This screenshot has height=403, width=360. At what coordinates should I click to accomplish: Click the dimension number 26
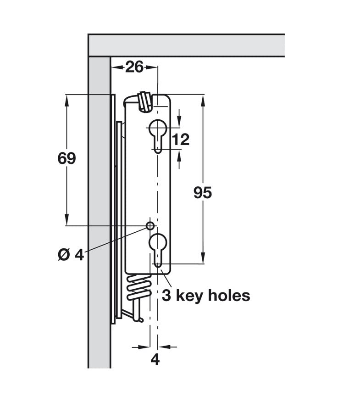coord(134,67)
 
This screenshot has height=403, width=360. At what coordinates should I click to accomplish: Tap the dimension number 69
coord(67,158)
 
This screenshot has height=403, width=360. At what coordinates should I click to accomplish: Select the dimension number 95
coord(203,193)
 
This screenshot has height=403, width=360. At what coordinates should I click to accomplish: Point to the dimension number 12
coord(181,140)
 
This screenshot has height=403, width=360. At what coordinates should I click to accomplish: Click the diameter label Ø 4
coord(71,255)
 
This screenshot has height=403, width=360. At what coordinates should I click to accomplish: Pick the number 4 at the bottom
coord(155,360)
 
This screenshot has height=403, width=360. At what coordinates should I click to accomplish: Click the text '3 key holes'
coord(206,296)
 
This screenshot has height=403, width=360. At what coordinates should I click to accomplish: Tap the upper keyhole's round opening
coord(158,128)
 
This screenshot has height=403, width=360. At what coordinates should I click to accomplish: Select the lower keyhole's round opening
coord(158,242)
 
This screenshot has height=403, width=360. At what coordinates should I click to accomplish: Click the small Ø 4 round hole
coord(150,226)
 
